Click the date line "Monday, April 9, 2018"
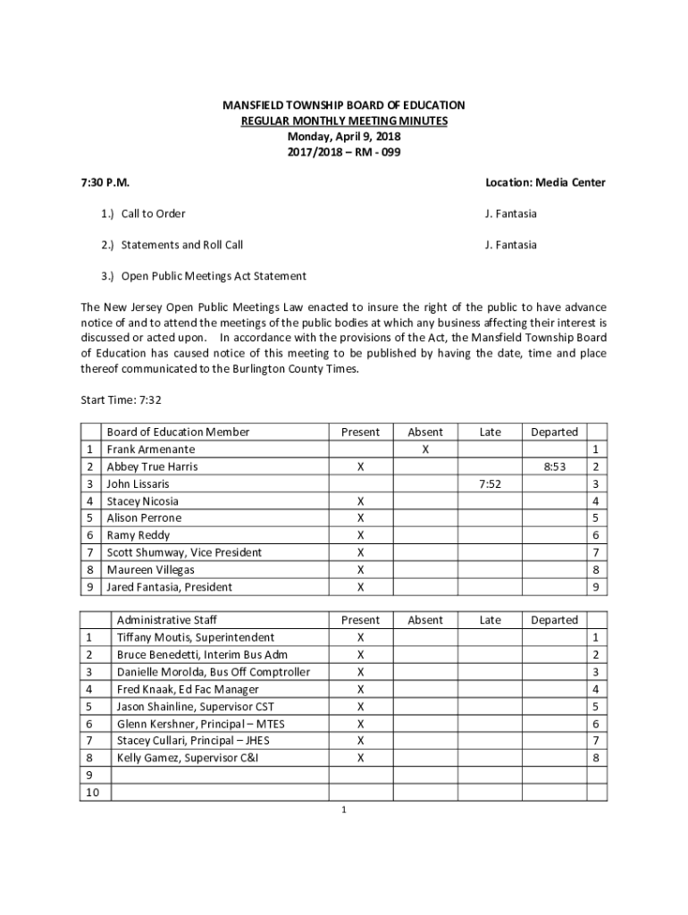[344, 137]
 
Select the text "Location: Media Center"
[545, 182]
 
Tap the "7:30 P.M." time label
[105, 182]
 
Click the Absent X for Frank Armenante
[425, 449]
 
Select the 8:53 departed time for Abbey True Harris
[554, 466]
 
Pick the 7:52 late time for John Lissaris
[490, 483]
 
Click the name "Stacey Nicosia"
[142, 501]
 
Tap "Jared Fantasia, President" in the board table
[170, 587]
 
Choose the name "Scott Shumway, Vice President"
[184, 552]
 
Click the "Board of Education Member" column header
[178, 432]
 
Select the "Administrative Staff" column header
[167, 620]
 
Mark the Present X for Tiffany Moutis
[361, 638]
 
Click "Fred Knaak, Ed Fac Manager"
[188, 689]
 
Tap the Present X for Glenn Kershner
[361, 724]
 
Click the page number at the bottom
[344, 810]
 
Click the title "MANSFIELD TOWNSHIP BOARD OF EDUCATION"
[344, 105]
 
